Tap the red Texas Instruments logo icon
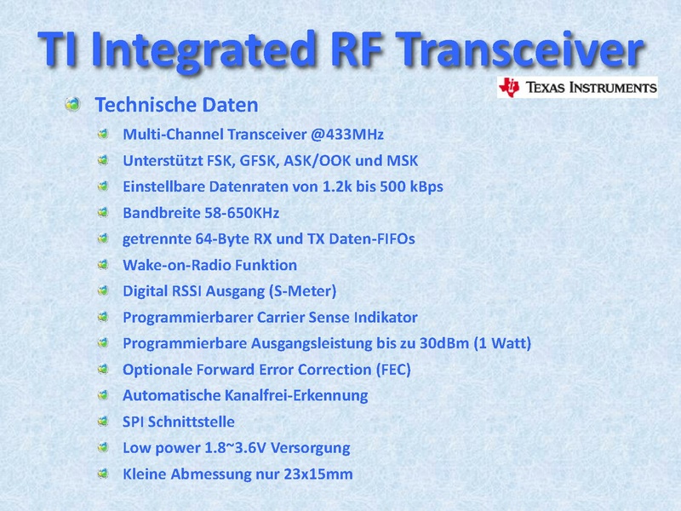point(509,88)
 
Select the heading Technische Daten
point(176,105)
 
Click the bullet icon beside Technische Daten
point(73,104)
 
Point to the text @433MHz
point(347,135)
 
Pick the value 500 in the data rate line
point(393,187)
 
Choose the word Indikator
point(386,317)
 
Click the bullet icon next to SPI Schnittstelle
point(103,422)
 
